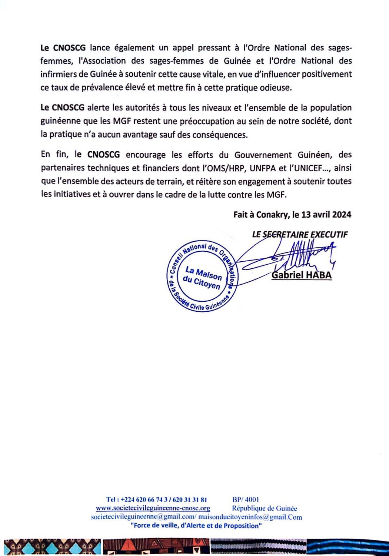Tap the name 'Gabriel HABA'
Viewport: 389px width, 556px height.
click(x=302, y=275)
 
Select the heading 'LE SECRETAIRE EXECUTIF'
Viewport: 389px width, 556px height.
click(x=300, y=234)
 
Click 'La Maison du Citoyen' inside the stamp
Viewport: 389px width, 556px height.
click(x=203, y=278)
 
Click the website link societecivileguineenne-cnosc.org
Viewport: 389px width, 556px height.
click(x=153, y=508)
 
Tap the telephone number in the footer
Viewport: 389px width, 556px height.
click(x=156, y=500)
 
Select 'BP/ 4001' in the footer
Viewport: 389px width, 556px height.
click(x=246, y=500)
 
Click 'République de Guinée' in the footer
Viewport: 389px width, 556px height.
click(x=265, y=508)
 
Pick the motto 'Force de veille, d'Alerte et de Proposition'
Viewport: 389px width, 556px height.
click(x=196, y=526)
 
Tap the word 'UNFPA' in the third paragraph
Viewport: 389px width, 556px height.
click(x=263, y=168)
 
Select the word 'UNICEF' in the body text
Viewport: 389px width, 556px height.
click(x=306, y=168)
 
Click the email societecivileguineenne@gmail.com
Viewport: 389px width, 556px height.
click(x=143, y=517)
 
